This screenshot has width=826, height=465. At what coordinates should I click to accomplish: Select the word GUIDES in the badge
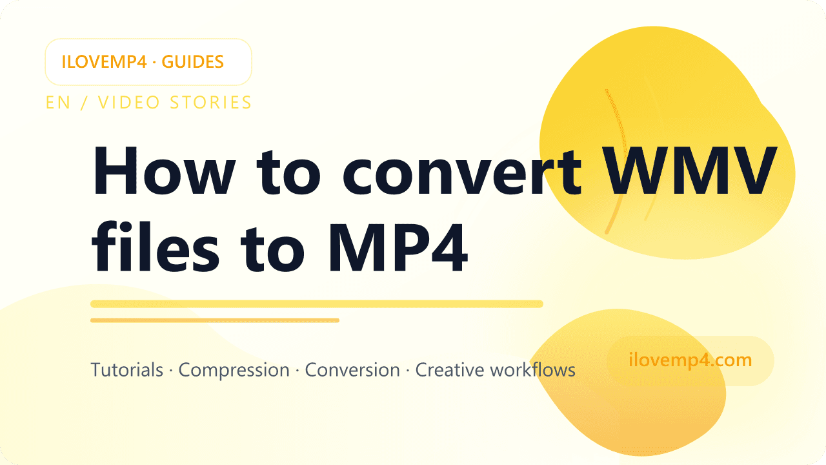(x=193, y=62)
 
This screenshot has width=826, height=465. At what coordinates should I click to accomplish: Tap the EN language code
(x=58, y=102)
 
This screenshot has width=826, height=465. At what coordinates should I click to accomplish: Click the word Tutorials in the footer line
(x=126, y=370)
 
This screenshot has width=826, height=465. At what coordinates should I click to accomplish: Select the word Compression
(x=234, y=370)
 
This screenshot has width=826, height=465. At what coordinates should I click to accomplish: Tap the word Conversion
(x=352, y=370)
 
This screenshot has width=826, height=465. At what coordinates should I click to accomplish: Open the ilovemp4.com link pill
(x=690, y=360)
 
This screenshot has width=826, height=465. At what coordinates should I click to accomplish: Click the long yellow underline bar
(x=316, y=304)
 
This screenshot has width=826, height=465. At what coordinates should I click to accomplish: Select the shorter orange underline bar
(x=214, y=320)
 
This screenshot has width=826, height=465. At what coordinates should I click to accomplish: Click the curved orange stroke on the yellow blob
(x=616, y=161)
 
